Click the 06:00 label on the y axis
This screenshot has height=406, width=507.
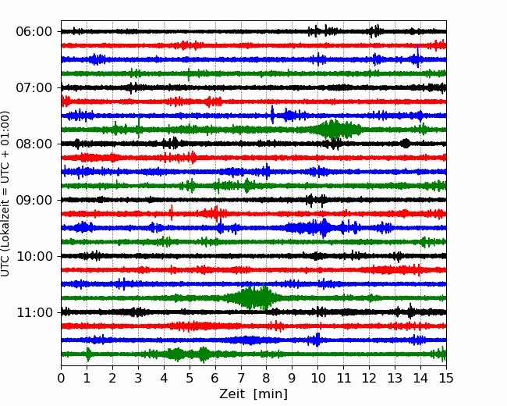pyautogui.click(x=34, y=32)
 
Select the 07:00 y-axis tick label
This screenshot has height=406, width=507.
pyautogui.click(x=34, y=88)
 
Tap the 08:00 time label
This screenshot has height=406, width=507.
pyautogui.click(x=34, y=144)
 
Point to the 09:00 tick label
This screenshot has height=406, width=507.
pyautogui.click(x=34, y=201)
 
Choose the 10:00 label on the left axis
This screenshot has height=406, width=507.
pyautogui.click(x=34, y=257)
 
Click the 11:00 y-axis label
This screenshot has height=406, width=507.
pyautogui.click(x=34, y=313)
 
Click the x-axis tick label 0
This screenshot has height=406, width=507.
pyautogui.click(x=62, y=379)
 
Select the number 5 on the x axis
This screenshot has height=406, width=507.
pyautogui.click(x=190, y=379)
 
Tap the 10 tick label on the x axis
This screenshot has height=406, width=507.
pyautogui.click(x=317, y=379)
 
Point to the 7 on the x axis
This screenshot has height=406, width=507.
pyautogui.click(x=241, y=379)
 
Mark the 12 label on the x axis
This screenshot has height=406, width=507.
pyautogui.click(x=369, y=379)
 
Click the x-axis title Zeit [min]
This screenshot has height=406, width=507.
pyautogui.click(x=253, y=394)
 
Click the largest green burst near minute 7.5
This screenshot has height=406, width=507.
pyautogui.click(x=251, y=297)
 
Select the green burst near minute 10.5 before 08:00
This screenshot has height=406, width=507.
pyautogui.click(x=334, y=129)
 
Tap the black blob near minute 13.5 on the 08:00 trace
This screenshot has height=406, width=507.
pyautogui.click(x=406, y=143)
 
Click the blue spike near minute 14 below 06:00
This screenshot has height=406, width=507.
pyautogui.click(x=418, y=58)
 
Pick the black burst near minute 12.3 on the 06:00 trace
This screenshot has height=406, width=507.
pyautogui.click(x=376, y=31)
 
